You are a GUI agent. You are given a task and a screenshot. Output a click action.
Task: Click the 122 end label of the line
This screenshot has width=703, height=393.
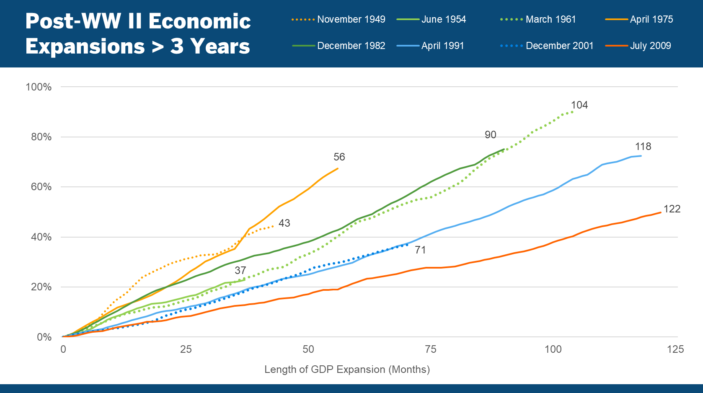click(x=672, y=209)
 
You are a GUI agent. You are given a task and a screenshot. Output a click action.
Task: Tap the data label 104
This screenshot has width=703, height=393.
click(x=579, y=105)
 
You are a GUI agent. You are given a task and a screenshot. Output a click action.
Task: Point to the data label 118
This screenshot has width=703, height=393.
click(x=643, y=147)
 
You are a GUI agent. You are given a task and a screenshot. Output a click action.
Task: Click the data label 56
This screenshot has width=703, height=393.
click(x=339, y=157)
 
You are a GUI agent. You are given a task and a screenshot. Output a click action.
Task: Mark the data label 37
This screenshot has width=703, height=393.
click(x=240, y=271)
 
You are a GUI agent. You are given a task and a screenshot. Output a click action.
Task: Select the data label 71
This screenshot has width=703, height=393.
click(x=420, y=250)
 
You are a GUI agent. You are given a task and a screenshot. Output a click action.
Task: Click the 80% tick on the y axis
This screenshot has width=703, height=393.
click(x=41, y=137)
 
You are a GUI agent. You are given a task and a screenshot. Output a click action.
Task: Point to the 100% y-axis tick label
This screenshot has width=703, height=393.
click(x=39, y=87)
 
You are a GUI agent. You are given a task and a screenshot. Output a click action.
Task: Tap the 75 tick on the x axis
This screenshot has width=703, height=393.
click(x=430, y=349)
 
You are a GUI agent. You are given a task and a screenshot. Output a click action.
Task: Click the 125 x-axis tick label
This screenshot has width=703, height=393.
click(x=675, y=349)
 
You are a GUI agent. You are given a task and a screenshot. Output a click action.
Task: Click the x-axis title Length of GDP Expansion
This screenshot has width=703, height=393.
click(x=347, y=370)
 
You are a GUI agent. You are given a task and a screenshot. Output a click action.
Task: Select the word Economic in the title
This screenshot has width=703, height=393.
click(x=199, y=21)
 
